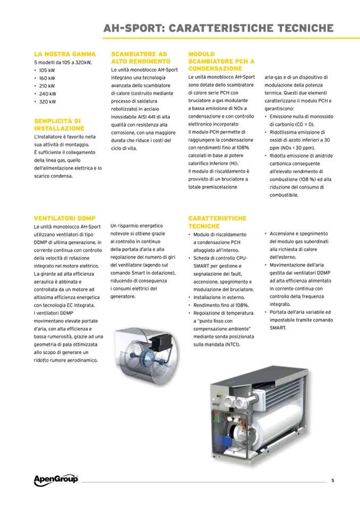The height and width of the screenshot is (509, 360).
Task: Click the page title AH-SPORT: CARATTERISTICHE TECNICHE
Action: pyautogui.click(x=218, y=28)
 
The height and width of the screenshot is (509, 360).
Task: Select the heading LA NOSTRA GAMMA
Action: pyautogui.click(x=65, y=54)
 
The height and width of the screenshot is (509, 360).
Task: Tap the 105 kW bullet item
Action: pyautogui.click(x=47, y=70)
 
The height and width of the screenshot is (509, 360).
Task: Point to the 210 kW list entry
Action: pyautogui.click(x=47, y=85)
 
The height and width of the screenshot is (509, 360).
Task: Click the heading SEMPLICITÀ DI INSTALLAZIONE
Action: pyautogui.click(x=59, y=125)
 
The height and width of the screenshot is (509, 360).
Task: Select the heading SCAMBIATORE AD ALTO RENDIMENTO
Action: pyautogui.click(x=139, y=58)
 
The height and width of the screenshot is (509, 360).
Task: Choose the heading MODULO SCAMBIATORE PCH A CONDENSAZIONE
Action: pyautogui.click(x=221, y=62)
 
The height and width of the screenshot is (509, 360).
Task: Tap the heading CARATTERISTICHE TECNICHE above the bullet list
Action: pyautogui.click(x=217, y=222)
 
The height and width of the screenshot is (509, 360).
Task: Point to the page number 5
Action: pyautogui.click(x=332, y=481)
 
